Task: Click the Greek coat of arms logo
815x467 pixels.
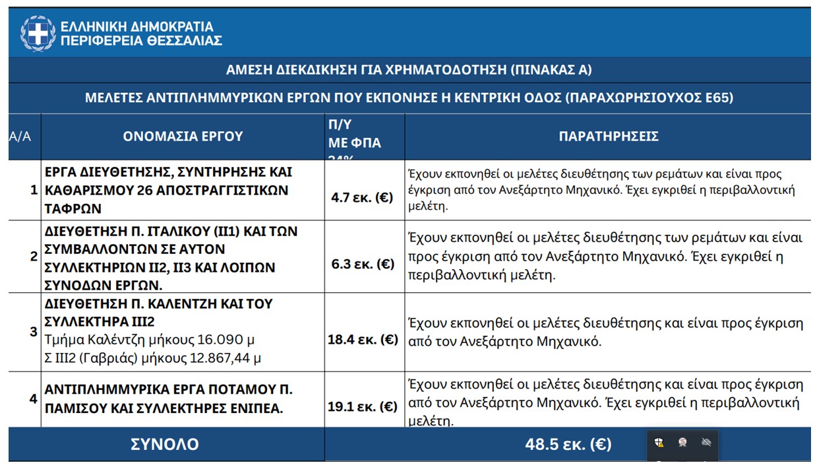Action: click(38, 33)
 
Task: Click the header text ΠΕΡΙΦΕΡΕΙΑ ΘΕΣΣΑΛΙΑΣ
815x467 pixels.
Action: click(141, 41)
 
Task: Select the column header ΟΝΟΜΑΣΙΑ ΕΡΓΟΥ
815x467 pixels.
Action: click(183, 137)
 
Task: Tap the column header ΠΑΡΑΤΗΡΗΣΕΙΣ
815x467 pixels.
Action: click(608, 137)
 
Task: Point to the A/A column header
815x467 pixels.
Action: click(20, 137)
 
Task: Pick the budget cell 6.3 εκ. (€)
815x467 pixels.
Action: click(363, 264)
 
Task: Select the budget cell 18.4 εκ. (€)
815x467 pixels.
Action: click(363, 340)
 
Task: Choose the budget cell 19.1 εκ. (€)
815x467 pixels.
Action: click(363, 406)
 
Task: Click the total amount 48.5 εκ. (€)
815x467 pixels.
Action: click(568, 445)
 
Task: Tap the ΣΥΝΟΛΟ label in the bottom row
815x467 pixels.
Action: click(165, 445)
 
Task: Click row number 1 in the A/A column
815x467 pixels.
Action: click(34, 190)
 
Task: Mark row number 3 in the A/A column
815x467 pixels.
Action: click(34, 331)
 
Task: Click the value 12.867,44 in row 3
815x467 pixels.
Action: click(220, 358)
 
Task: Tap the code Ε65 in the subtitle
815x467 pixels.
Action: click(717, 98)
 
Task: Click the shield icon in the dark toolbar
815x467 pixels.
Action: click(659, 443)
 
